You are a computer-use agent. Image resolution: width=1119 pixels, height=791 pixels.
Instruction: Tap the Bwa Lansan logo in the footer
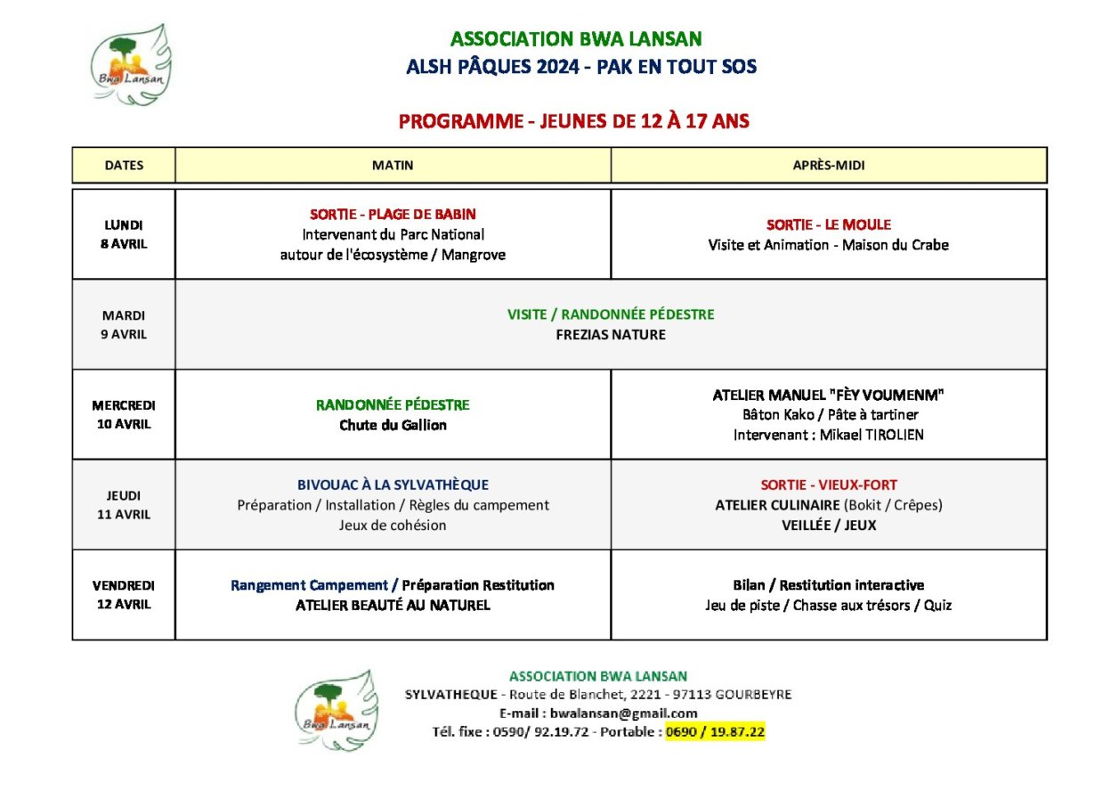click(337, 710)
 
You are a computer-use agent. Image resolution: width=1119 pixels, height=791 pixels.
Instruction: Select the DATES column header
click(124, 166)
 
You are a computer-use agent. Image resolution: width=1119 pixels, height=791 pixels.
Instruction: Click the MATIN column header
click(393, 166)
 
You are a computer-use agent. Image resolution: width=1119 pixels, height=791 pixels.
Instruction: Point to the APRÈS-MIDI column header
click(828, 166)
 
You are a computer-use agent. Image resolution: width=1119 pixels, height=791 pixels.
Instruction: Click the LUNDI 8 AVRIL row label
click(124, 234)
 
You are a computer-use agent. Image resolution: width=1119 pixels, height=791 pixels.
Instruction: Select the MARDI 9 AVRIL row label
click(124, 325)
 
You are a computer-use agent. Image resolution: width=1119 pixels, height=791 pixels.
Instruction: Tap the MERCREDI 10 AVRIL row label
click(124, 414)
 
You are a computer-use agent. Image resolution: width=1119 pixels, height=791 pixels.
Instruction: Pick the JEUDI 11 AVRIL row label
click(124, 505)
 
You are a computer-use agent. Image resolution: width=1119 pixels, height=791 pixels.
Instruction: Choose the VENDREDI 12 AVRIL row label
click(124, 595)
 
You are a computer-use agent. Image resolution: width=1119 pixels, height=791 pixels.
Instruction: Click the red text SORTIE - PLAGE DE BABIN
click(393, 215)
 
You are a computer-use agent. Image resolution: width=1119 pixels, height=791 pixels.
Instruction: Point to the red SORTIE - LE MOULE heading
click(828, 224)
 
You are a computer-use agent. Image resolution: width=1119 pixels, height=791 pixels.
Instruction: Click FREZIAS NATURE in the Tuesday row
click(611, 335)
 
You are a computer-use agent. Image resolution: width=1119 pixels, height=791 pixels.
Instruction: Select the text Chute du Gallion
click(393, 425)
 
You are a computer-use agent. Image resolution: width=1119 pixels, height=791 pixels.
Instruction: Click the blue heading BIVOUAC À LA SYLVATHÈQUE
click(393, 485)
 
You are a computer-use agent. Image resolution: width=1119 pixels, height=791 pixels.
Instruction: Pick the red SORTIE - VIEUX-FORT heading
click(828, 485)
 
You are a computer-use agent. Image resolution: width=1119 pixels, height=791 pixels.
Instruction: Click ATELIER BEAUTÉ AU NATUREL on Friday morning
click(393, 606)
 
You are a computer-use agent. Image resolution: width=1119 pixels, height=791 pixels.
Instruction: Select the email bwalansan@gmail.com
click(623, 714)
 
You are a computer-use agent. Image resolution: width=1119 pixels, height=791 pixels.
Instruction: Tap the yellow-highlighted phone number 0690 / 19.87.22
click(716, 732)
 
